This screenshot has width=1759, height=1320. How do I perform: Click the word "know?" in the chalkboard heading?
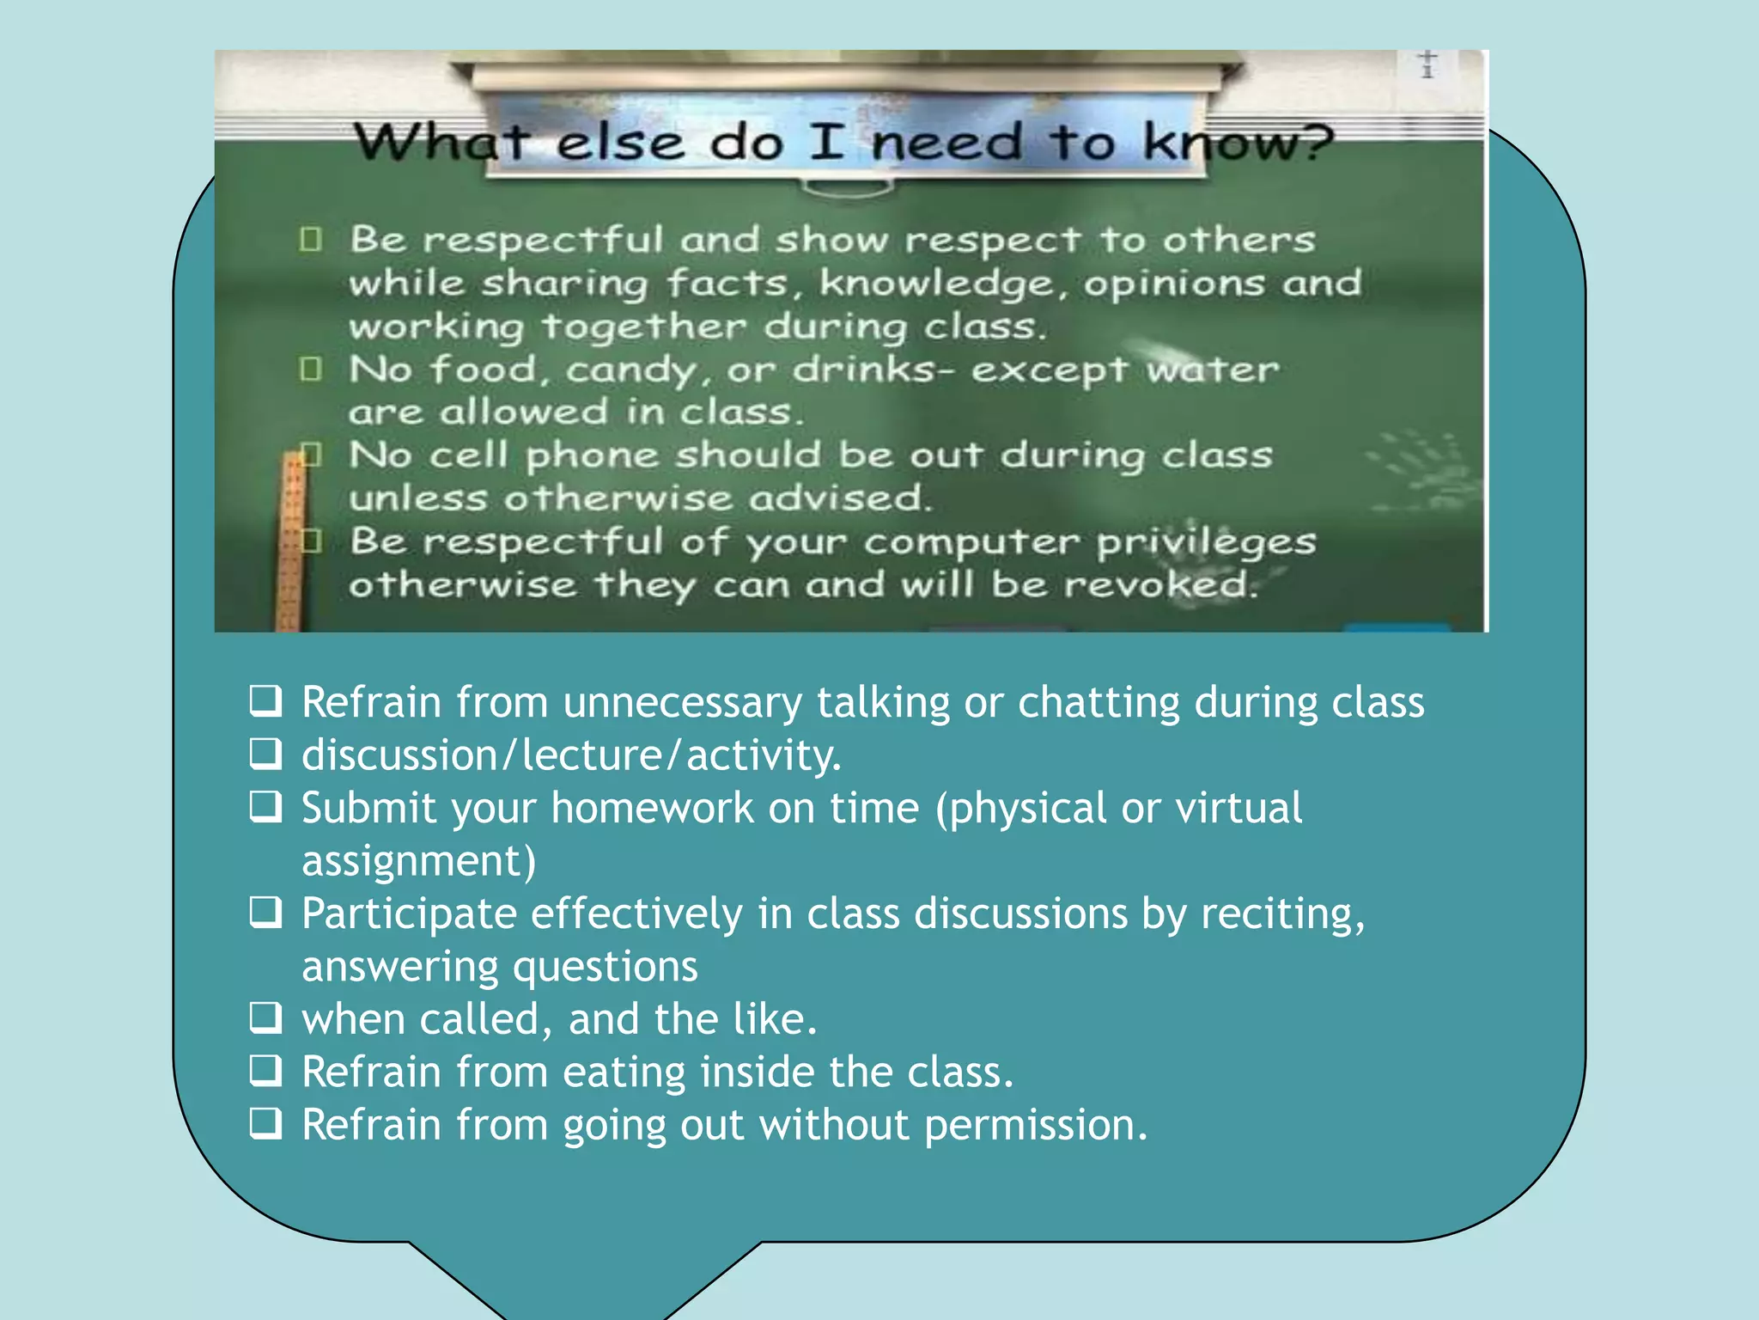pyautogui.click(x=1237, y=142)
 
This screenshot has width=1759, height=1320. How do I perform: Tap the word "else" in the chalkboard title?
pyautogui.click(x=620, y=142)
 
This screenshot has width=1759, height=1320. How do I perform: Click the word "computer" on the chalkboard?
pyautogui.click(x=970, y=542)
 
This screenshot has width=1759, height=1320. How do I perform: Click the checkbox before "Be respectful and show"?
pyautogui.click(x=311, y=239)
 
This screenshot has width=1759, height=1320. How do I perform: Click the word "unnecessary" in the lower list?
pyautogui.click(x=682, y=703)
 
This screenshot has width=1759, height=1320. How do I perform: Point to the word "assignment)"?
pyautogui.click(x=418, y=861)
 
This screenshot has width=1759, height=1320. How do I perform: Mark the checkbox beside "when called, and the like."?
pyautogui.click(x=265, y=1018)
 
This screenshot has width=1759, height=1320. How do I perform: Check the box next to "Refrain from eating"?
pyautogui.click(x=265, y=1072)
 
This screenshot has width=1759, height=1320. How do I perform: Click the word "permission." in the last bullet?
pyautogui.click(x=1036, y=1125)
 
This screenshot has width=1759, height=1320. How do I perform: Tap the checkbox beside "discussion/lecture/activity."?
pyautogui.click(x=265, y=755)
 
